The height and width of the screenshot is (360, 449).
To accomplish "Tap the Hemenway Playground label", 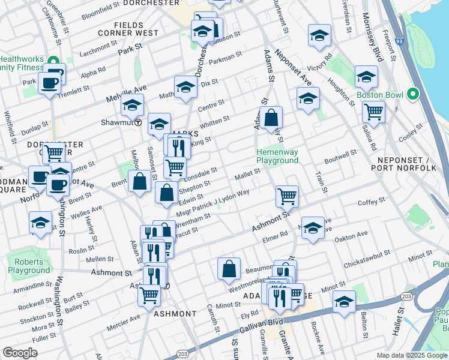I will click(277, 156).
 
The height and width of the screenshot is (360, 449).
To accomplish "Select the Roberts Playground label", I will click(29, 266).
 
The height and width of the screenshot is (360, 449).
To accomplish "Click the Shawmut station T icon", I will click(138, 122).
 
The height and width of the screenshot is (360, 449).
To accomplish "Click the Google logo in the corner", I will click(20, 353).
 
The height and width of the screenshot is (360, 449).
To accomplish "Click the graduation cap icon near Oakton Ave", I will click(312, 228).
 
